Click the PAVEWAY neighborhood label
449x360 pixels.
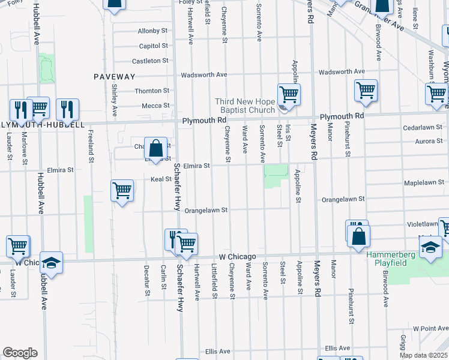tap(114, 76)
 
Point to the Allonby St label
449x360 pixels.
tap(152, 31)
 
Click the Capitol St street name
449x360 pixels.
tap(153, 46)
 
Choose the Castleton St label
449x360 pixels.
tap(150, 61)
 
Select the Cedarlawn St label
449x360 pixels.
tap(423, 128)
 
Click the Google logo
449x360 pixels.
tap(20, 353)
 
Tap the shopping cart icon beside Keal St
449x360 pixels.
tap(122, 191)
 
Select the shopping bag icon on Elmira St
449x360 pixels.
tap(155, 148)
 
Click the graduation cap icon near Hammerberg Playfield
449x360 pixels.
tap(430, 247)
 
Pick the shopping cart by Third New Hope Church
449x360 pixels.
tap(289, 94)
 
